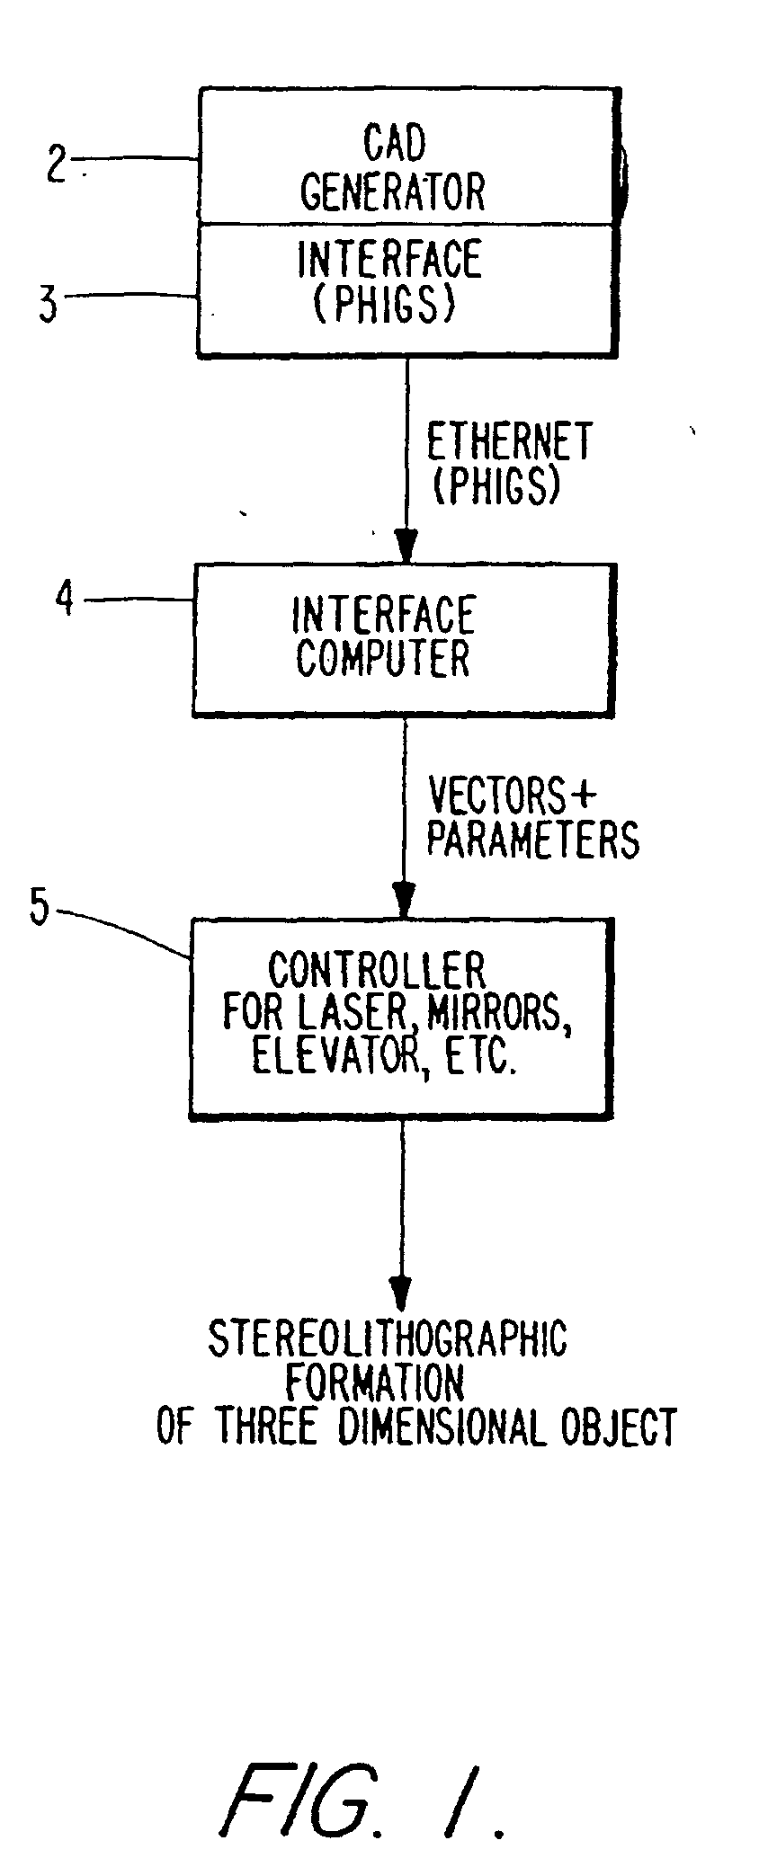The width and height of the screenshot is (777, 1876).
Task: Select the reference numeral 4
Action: coord(65,598)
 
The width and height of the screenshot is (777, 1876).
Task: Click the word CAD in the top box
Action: coord(394,142)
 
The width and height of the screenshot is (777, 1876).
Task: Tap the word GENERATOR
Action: coord(392,191)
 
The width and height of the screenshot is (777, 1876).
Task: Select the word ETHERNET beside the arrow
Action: coord(509,442)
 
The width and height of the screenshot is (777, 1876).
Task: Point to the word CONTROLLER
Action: coord(377,971)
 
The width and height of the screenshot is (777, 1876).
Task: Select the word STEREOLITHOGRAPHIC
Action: coord(388,1338)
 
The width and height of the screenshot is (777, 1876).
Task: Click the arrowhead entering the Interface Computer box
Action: coord(406,546)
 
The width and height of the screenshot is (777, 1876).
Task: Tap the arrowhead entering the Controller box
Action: coord(405,899)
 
